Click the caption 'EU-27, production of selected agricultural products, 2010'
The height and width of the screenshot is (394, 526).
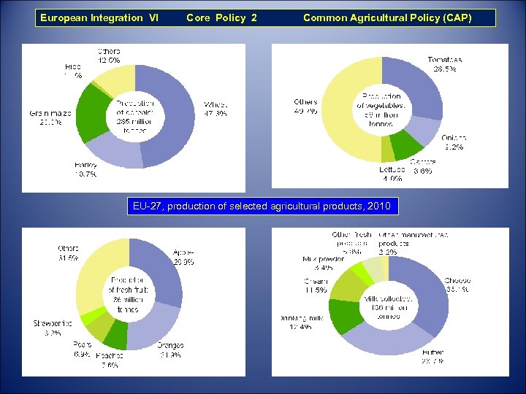(x=262, y=206)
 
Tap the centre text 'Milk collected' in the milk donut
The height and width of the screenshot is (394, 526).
(x=389, y=299)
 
